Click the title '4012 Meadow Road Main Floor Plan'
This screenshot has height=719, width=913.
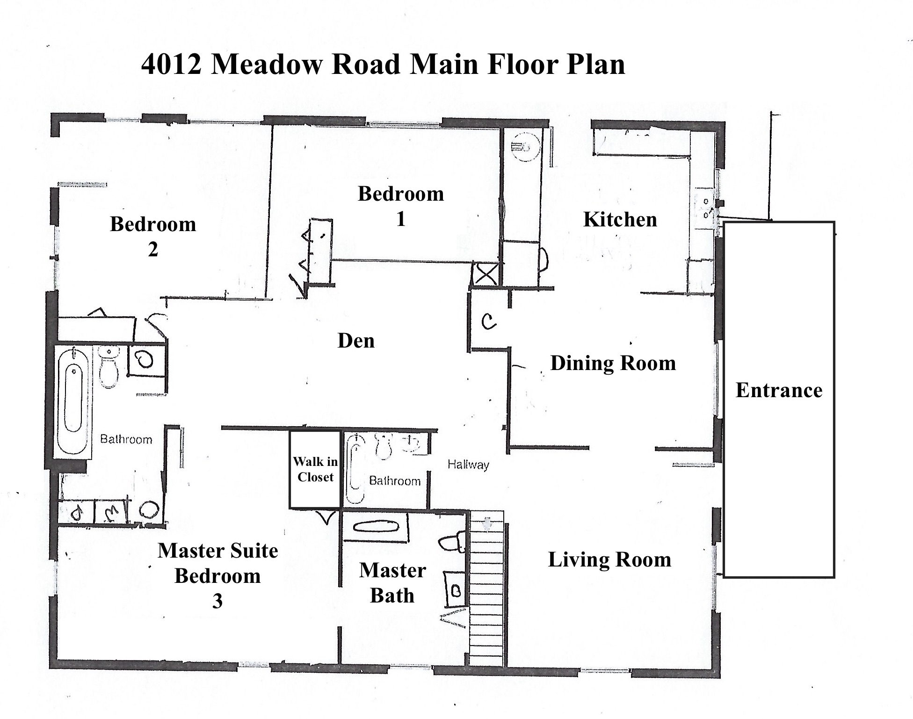pyautogui.click(x=383, y=65)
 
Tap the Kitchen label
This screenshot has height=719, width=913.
pyautogui.click(x=620, y=219)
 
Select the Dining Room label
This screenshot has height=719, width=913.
pyautogui.click(x=613, y=363)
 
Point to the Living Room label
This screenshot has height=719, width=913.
pyautogui.click(x=609, y=559)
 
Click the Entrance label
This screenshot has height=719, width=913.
pyautogui.click(x=779, y=390)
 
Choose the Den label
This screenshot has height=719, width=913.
pyautogui.click(x=356, y=341)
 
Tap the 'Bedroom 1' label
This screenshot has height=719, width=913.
pyautogui.click(x=401, y=206)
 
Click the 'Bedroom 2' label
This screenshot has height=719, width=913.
pyautogui.click(x=153, y=237)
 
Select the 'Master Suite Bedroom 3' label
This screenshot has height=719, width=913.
pyautogui.click(x=217, y=576)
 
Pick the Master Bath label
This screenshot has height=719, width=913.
pyautogui.click(x=392, y=583)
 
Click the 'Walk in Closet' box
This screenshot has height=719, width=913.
pyautogui.click(x=315, y=469)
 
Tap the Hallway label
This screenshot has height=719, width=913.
pyautogui.click(x=468, y=465)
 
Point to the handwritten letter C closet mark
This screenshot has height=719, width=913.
pyautogui.click(x=488, y=321)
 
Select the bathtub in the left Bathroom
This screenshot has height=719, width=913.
pyautogui.click(x=73, y=400)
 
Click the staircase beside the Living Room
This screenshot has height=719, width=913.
pyautogui.click(x=486, y=588)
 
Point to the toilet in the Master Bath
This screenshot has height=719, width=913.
pyautogui.click(x=452, y=542)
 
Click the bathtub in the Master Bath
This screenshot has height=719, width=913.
pyautogui.click(x=376, y=527)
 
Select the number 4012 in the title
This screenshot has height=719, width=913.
pyautogui.click(x=172, y=65)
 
